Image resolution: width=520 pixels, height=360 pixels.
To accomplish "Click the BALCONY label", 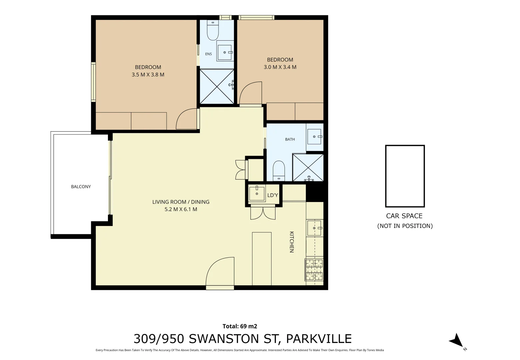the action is click(x=81, y=187).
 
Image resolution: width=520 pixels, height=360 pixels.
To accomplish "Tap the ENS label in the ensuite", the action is click(x=209, y=54).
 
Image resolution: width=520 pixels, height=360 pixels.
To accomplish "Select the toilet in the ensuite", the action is click(x=213, y=30).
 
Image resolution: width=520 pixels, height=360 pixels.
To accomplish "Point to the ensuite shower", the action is click(x=217, y=87).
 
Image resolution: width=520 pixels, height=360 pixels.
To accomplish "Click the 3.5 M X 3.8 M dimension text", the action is click(x=148, y=75).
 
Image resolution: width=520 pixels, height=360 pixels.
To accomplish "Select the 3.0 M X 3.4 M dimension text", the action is click(x=280, y=67).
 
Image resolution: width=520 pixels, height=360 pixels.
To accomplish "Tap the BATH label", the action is click(x=290, y=139).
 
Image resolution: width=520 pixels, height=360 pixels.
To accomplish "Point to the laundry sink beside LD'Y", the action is click(x=257, y=193).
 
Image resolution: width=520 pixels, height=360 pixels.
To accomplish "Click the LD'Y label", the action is click(x=272, y=195).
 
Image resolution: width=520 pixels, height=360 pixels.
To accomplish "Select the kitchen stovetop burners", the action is click(x=314, y=270).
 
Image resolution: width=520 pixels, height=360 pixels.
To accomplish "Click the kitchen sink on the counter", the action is click(x=314, y=228).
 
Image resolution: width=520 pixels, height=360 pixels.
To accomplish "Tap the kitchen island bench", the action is click(x=261, y=259).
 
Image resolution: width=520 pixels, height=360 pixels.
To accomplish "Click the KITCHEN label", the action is click(x=292, y=242).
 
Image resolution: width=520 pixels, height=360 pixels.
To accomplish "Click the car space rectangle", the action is click(x=405, y=176).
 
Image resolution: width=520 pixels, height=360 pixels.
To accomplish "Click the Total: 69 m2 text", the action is click(x=240, y=326).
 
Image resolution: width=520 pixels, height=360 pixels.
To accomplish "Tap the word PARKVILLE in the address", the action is click(x=319, y=339).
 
